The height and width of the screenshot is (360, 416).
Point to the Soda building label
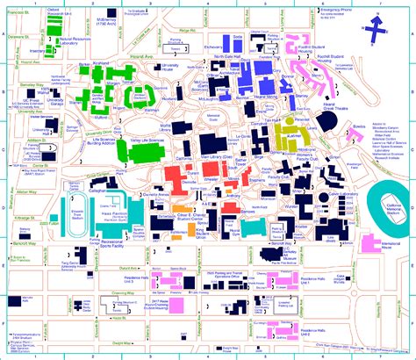tap(238, 37)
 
